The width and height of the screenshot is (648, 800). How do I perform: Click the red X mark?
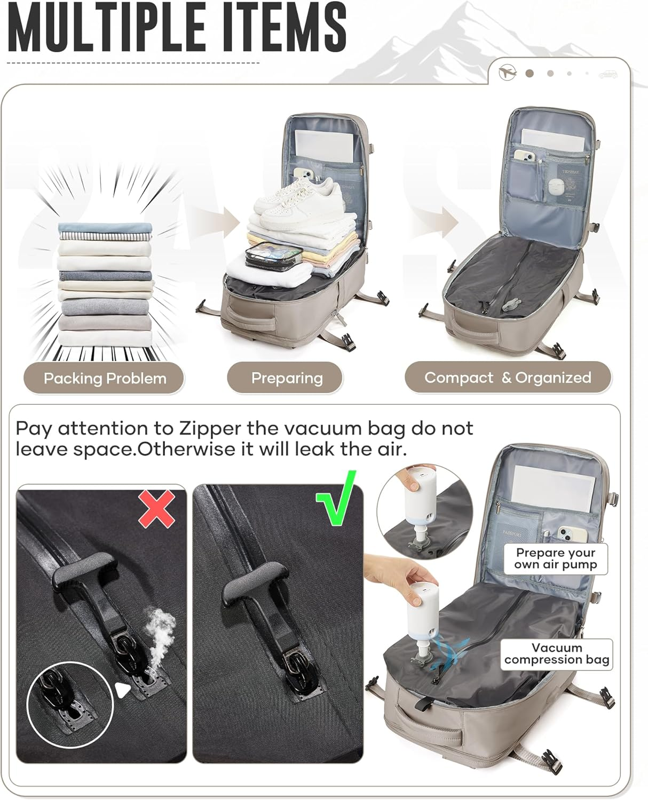(x=156, y=509)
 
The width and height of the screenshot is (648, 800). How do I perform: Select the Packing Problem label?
(x=104, y=378)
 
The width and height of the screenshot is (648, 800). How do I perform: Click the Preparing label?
(x=285, y=378)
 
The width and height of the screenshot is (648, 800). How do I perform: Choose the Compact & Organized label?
(x=508, y=378)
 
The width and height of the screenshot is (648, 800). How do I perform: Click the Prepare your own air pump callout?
(x=556, y=559)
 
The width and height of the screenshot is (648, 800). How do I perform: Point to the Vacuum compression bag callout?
(x=557, y=654)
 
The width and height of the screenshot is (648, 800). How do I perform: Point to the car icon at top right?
(x=608, y=74)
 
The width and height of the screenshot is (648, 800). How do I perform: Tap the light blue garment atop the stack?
(x=105, y=228)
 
